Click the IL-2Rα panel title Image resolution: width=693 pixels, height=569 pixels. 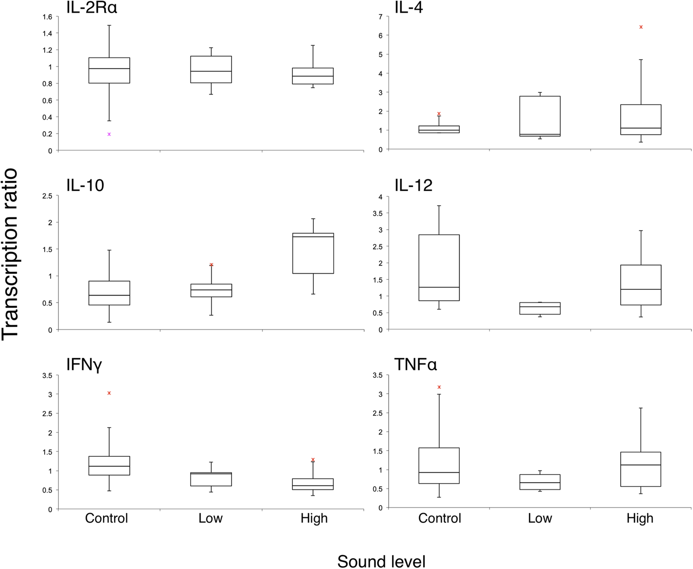pyautogui.click(x=91, y=7)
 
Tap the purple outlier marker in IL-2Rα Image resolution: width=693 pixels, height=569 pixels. pyautogui.click(x=109, y=134)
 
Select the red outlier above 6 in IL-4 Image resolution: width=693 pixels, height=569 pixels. pyautogui.click(x=641, y=27)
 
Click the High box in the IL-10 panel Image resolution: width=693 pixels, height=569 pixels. pyautogui.click(x=313, y=253)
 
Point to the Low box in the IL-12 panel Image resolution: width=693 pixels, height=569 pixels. pyautogui.click(x=540, y=308)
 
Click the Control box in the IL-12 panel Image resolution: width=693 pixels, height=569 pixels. pyautogui.click(x=439, y=267)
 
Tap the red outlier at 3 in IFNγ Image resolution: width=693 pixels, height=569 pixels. pyautogui.click(x=109, y=393)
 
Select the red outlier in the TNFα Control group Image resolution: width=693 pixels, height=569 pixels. pyautogui.click(x=439, y=387)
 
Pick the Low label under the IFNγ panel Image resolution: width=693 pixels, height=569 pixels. pyautogui.click(x=211, y=518)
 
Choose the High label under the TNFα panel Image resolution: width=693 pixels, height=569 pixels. pyautogui.click(x=640, y=518)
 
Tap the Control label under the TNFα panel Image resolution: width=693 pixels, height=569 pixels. pyautogui.click(x=440, y=518)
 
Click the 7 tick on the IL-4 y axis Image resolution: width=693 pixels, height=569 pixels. pyautogui.click(x=381, y=16)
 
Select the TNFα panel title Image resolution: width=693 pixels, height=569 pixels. pyautogui.click(x=416, y=364)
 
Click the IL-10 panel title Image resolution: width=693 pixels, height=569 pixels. pyautogui.click(x=85, y=186)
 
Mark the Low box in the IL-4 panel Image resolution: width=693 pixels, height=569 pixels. pyautogui.click(x=540, y=116)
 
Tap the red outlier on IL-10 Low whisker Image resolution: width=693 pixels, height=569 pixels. pyautogui.click(x=211, y=264)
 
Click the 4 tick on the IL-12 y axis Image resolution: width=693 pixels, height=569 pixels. pyautogui.click(x=381, y=197)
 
